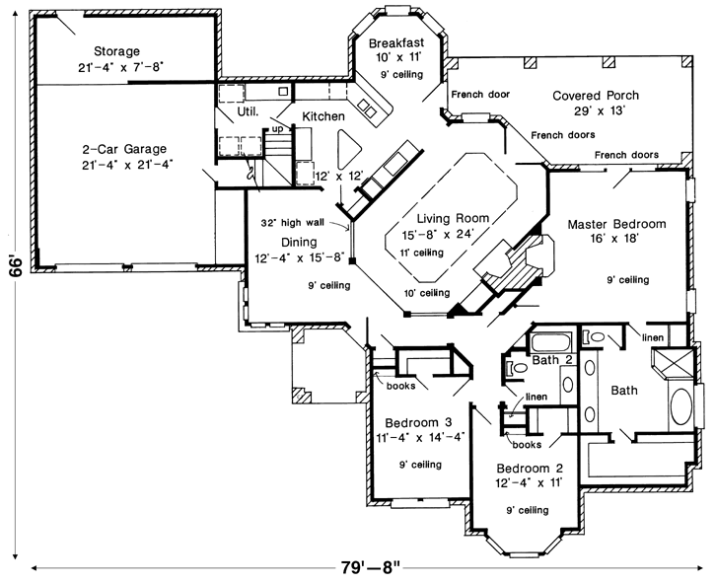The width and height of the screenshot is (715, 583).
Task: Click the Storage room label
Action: coord(116,51)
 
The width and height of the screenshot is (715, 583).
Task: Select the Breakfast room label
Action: coord(396,43)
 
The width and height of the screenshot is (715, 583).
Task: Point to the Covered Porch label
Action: coord(595,96)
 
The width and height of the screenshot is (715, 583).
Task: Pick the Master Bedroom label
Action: coord(616,225)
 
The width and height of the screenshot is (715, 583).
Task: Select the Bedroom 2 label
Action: coord(531,467)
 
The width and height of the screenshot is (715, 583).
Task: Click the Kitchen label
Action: coord(323,116)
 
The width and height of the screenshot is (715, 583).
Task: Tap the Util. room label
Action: coord(248,111)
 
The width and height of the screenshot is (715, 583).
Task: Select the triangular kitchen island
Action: coord(345,149)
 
